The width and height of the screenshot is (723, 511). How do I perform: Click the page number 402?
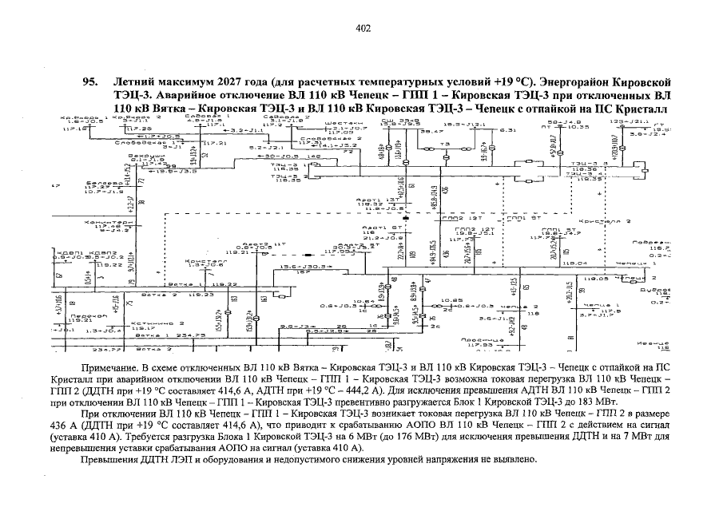[x=362, y=29]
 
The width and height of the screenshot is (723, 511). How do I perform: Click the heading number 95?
[x=90, y=82]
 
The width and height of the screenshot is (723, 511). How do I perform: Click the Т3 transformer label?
[x=445, y=144]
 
